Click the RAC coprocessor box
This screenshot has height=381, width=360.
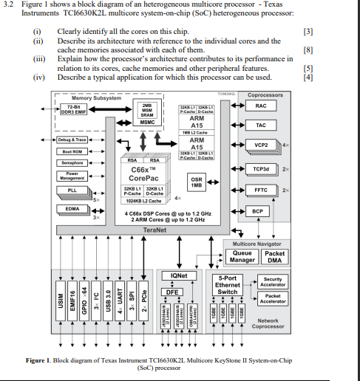[260, 106]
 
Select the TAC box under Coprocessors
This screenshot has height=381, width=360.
[260, 126]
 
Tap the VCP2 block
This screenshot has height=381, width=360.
[260, 145]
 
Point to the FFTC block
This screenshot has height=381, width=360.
[260, 190]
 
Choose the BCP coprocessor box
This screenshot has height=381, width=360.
[257, 211]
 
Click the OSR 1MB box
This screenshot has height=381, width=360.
[197, 182]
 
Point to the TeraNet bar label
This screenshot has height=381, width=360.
[154, 230]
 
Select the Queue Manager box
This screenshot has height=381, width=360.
[242, 256]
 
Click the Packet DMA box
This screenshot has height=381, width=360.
[274, 256]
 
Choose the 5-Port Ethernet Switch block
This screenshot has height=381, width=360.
[227, 286]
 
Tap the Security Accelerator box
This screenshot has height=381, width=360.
[272, 282]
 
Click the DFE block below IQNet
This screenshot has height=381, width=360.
[171, 291]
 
